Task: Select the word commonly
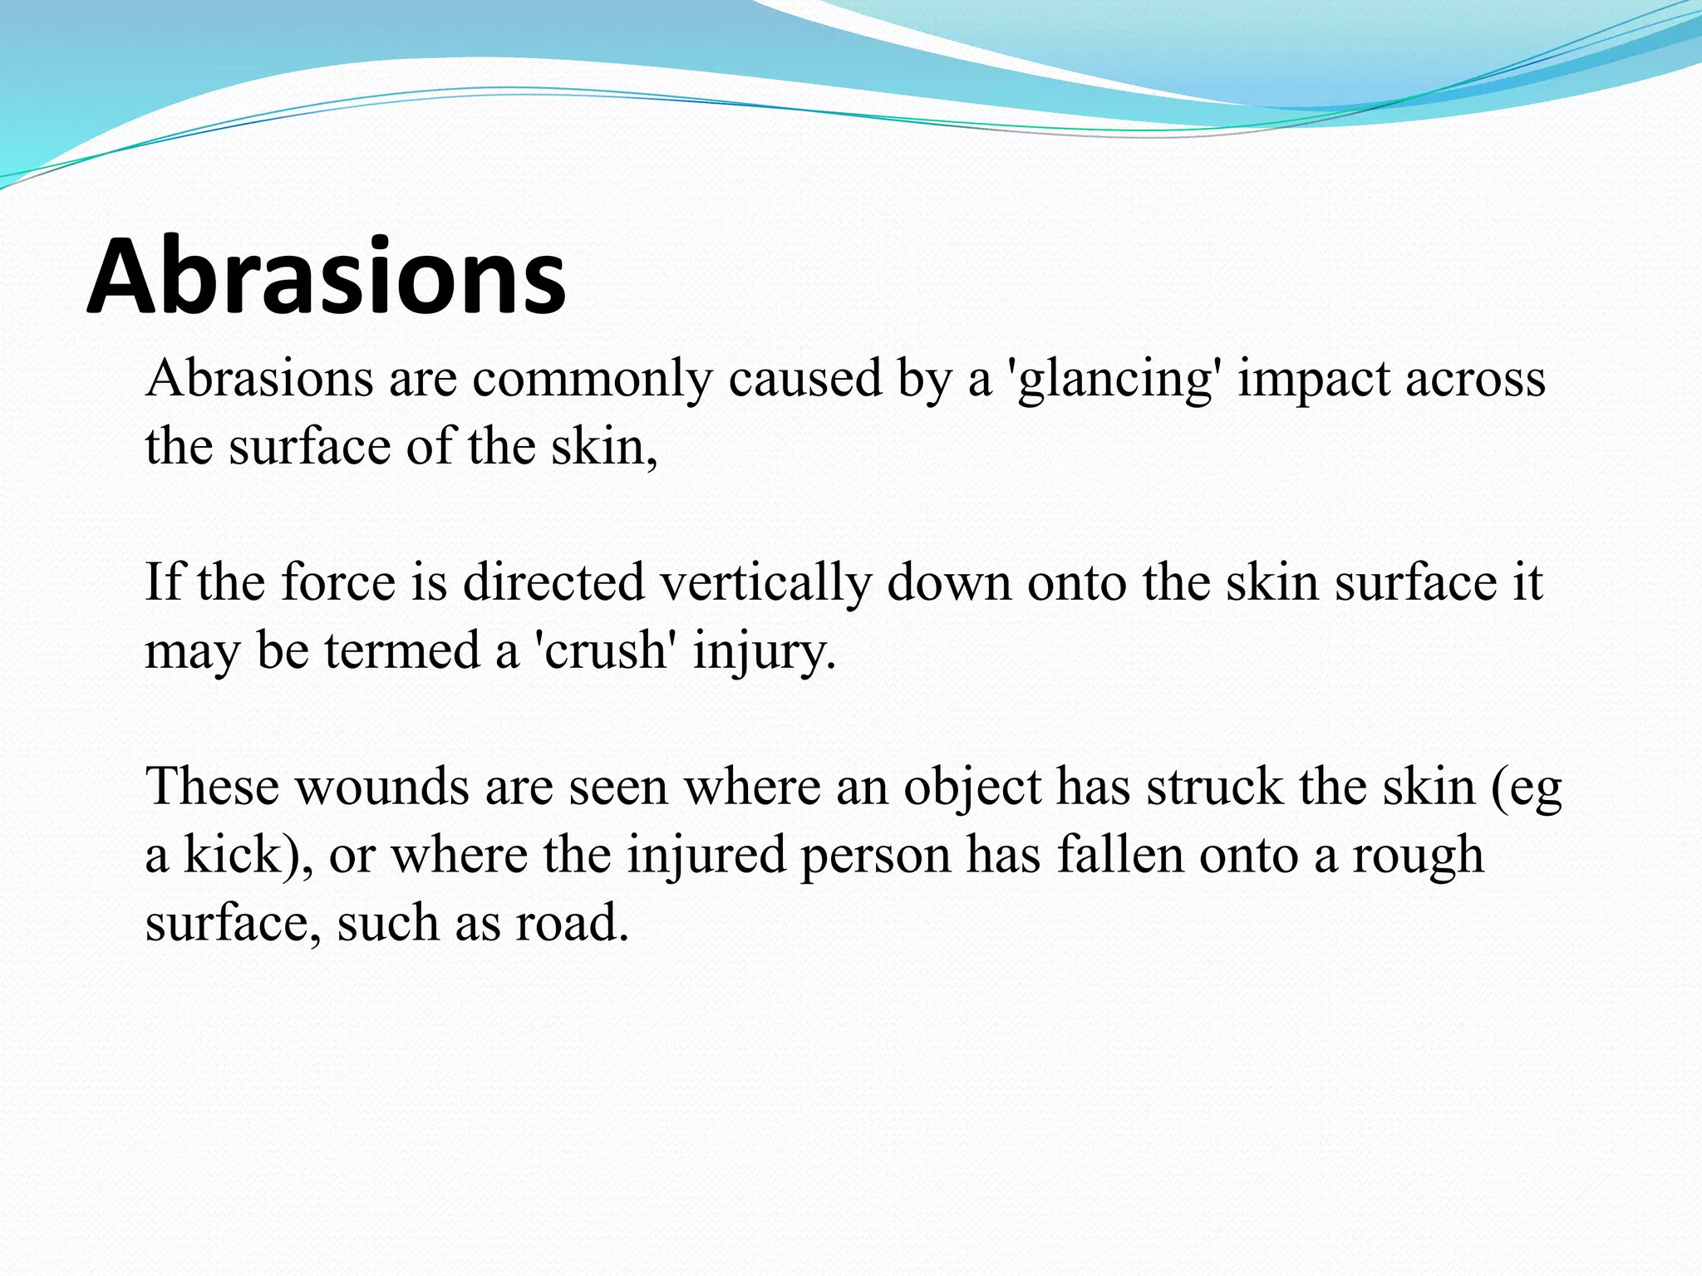point(593,380)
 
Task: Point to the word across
point(1475,380)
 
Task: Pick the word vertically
point(765,583)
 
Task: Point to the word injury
point(763,652)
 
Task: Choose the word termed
point(402,650)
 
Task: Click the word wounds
point(383,787)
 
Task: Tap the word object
point(972,788)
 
